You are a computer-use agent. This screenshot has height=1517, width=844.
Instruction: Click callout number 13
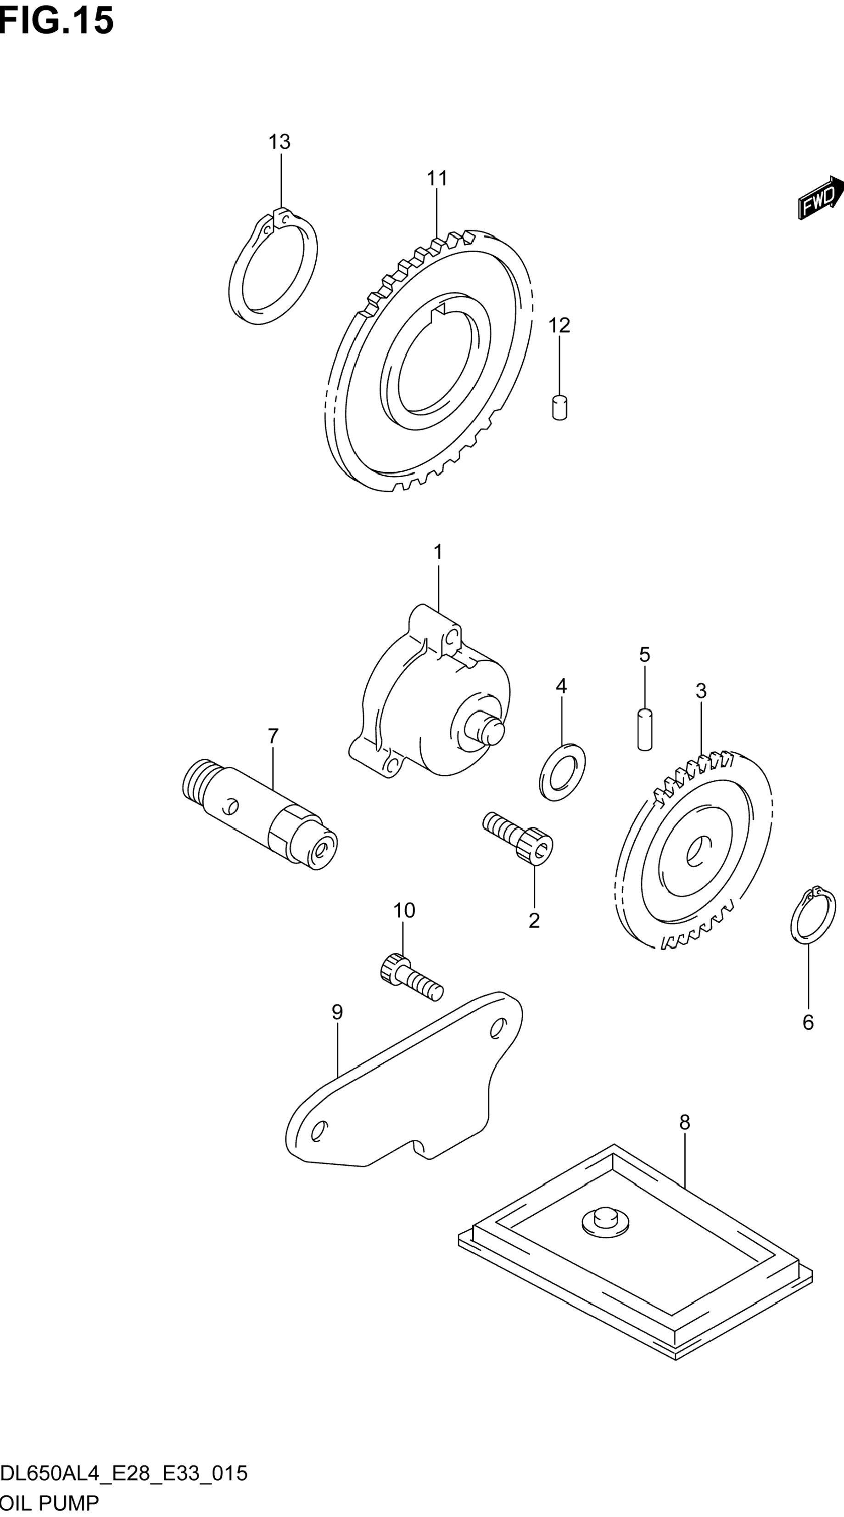point(279,142)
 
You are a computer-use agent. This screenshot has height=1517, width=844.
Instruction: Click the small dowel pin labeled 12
point(560,407)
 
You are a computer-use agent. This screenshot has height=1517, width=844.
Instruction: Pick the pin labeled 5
point(645,730)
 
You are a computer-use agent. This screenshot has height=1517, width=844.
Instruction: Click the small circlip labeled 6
point(813,922)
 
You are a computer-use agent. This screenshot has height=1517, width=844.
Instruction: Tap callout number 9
point(337,1012)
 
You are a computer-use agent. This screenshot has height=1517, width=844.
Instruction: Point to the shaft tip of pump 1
point(492,730)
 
